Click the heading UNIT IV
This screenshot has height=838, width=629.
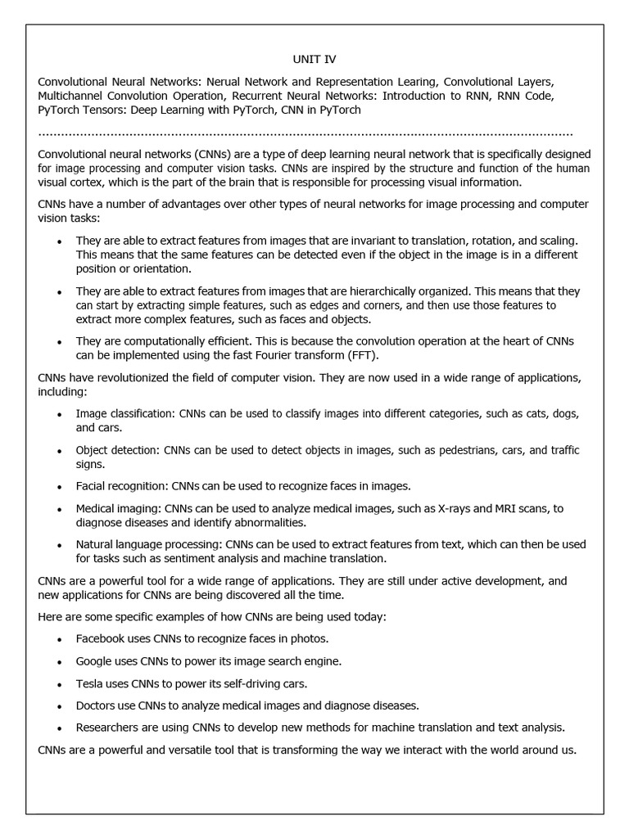pos(314,60)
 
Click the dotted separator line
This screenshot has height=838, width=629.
pos(305,133)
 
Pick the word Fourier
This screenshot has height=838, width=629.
pos(269,354)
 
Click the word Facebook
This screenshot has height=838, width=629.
pos(102,638)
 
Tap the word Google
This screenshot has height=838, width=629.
pos(94,660)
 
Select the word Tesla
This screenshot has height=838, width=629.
pos(89,683)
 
